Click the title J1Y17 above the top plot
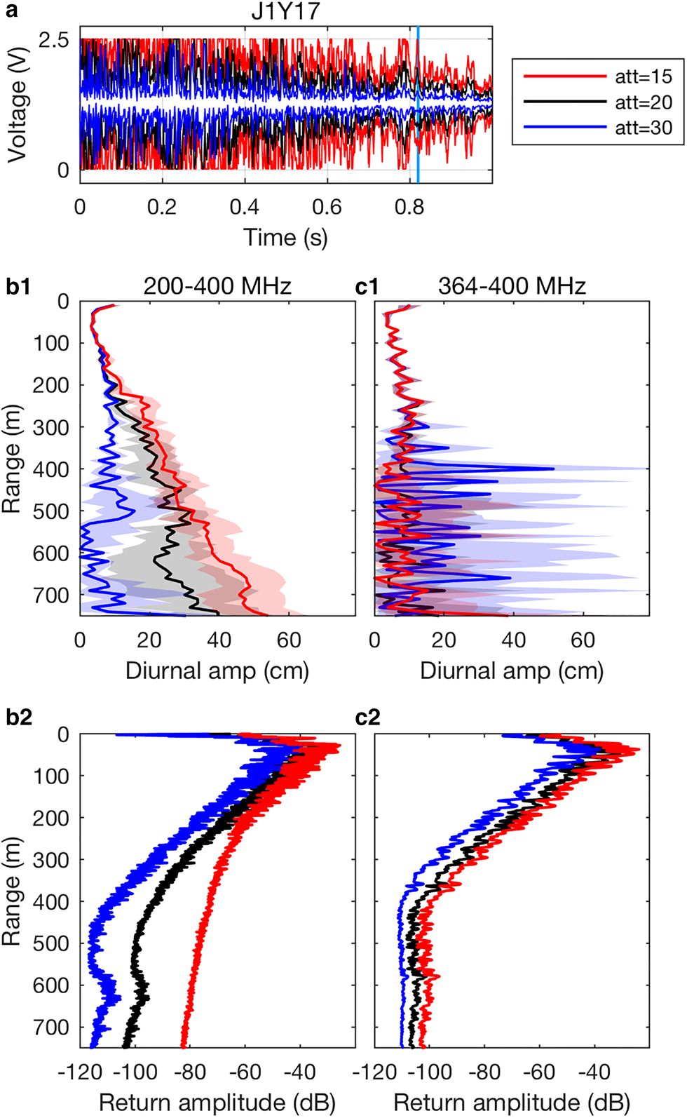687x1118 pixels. coord(285,12)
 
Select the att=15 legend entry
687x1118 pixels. coord(643,76)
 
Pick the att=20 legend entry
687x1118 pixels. coord(643,102)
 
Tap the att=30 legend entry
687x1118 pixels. coord(643,128)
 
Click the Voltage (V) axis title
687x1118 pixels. coord(17,105)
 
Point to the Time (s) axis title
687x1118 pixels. coord(285,237)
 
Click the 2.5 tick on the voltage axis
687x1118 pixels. coord(54,40)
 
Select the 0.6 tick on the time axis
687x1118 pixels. coord(327,207)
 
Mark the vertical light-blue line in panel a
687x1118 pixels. coord(418,105)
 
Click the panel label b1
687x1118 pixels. coord(19,286)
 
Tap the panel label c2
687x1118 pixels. coord(367,717)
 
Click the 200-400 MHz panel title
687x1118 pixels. coord(217,286)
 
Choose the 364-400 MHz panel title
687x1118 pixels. coord(512,286)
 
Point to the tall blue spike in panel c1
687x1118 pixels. coord(550,469)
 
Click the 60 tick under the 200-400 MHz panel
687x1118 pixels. coord(289,640)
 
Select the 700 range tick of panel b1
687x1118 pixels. coord(51,595)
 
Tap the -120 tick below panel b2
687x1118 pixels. coord(80,1072)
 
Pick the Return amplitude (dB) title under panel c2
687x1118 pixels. coord(512,1103)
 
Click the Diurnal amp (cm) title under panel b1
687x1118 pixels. coord(217,671)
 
